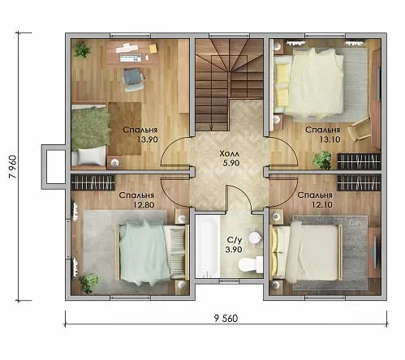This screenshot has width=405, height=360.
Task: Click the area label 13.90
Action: click(147, 139)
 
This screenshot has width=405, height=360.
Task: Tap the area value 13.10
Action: click(330, 139)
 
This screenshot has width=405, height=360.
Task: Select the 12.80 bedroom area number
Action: click(144, 204)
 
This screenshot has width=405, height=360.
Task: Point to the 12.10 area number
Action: click(322, 204)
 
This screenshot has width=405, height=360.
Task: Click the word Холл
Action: click(229, 154)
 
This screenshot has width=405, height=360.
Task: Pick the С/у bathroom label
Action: click(235, 239)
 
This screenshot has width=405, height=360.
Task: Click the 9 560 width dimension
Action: click(226, 319)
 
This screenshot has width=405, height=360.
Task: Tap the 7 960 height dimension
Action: click(14, 167)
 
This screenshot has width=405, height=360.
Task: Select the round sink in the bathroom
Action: click(256, 238)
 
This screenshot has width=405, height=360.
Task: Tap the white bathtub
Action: click(208, 246)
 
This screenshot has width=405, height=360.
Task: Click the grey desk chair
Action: click(132, 79)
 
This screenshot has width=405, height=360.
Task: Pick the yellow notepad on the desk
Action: click(153, 48)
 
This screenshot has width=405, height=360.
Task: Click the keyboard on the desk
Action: click(131, 58)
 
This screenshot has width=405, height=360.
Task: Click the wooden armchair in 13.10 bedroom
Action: click(360, 130)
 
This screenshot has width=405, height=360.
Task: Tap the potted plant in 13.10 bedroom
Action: click(321, 160)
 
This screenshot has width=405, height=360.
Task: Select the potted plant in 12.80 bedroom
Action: click(88, 283)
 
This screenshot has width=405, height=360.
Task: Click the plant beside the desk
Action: click(82, 49)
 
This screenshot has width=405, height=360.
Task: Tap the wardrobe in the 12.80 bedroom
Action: click(93, 182)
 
